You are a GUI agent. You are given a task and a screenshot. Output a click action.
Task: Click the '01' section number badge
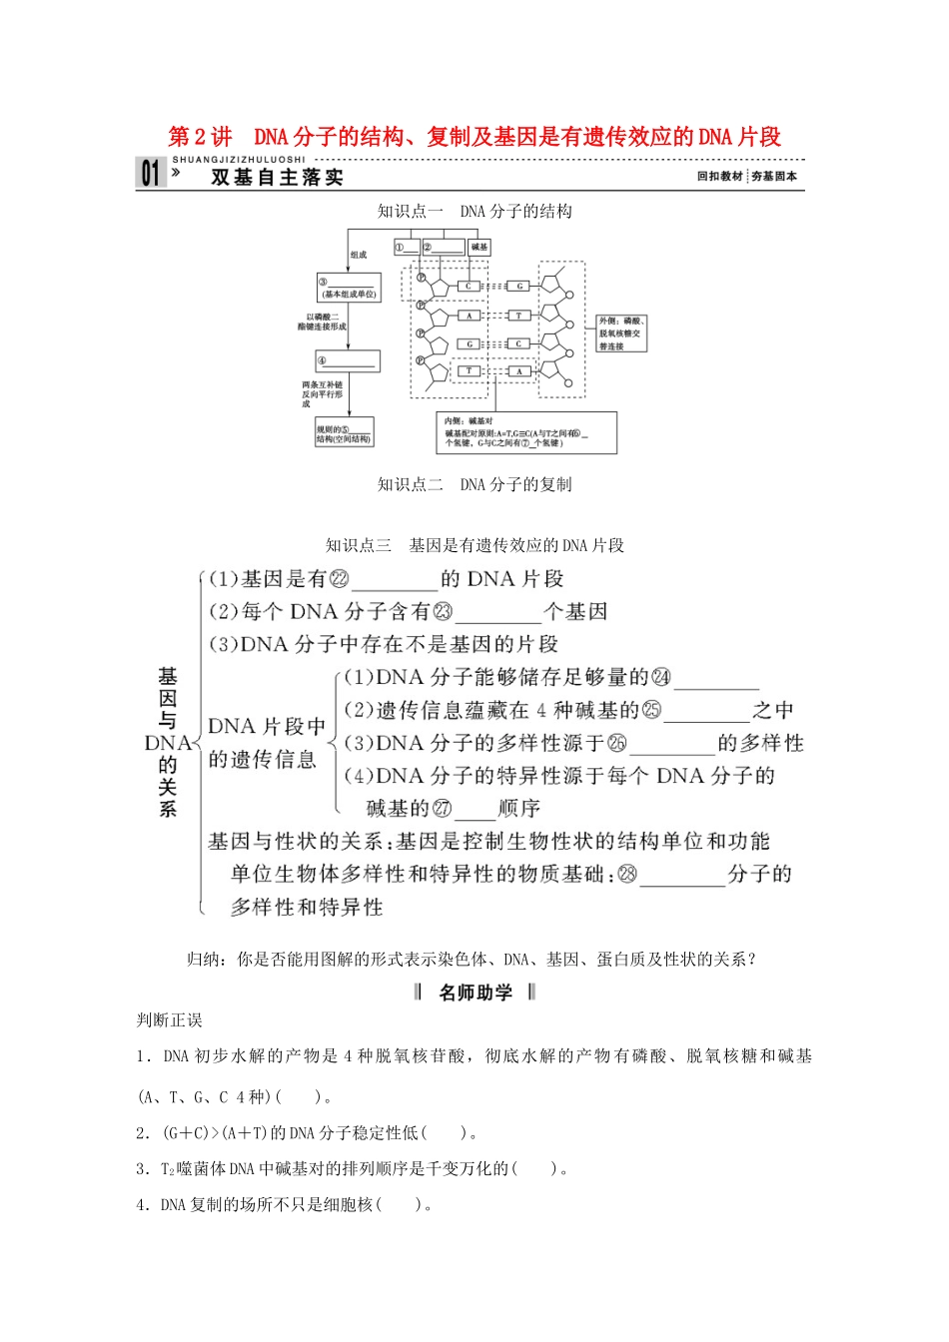[150, 174]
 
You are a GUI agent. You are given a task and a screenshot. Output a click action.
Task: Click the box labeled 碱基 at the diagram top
[479, 247]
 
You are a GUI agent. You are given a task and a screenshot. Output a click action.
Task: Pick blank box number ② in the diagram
[444, 247]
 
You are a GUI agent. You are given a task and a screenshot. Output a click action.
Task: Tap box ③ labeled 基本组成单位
[349, 288]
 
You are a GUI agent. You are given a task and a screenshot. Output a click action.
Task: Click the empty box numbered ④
[348, 361]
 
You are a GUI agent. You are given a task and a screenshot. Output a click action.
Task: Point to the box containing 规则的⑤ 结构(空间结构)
[344, 433]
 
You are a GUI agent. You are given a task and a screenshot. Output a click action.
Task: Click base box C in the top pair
[468, 287]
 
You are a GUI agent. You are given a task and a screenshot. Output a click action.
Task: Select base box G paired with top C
[519, 287]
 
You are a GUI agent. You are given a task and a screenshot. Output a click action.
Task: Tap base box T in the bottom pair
[468, 371]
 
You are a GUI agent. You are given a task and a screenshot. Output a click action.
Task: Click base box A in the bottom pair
[519, 371]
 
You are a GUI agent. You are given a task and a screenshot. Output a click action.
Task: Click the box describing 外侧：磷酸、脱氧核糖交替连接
[621, 334]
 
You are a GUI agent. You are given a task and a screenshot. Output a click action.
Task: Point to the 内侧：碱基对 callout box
[526, 432]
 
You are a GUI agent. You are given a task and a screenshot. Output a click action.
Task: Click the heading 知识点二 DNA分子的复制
[474, 485]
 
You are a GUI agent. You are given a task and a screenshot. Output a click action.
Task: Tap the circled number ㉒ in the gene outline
[339, 579]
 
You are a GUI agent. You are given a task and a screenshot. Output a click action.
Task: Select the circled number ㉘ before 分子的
[626, 875]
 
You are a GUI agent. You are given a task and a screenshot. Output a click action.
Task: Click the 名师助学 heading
[475, 993]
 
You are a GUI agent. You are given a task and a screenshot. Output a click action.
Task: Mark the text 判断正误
[169, 1020]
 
